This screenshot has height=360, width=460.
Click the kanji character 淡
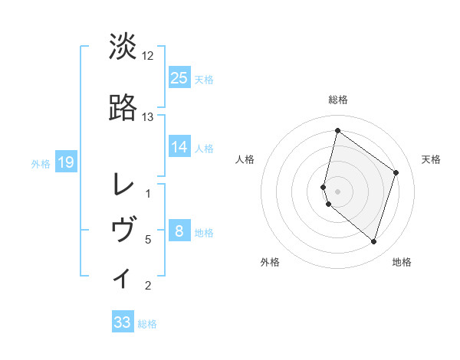123,47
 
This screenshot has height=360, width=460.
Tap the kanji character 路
123,108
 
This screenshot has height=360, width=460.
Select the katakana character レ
123,185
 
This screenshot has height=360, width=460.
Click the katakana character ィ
123,277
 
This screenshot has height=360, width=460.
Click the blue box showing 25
179,77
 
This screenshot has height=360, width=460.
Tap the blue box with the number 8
179,231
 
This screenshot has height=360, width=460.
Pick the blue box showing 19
65,162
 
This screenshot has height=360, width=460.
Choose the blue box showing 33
123,322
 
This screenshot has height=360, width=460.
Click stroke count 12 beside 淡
148,56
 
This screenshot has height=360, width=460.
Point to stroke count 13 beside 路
148,117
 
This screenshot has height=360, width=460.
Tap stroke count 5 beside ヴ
148,240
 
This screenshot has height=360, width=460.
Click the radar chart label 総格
337,100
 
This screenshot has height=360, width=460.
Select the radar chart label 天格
431,159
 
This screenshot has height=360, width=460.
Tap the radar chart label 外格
270,262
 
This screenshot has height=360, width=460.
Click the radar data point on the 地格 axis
373,242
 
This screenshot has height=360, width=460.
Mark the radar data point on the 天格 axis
396,172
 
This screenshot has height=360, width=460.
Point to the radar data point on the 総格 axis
337,130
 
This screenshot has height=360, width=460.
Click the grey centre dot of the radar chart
337,191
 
